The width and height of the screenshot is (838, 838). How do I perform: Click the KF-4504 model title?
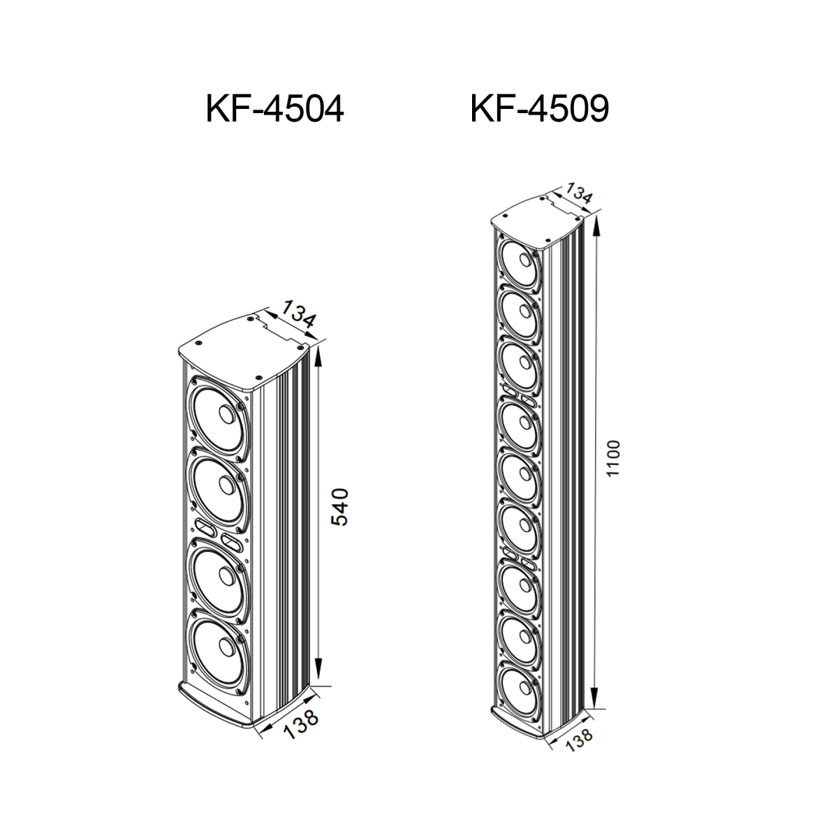point(274,109)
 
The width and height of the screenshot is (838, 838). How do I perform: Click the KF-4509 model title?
point(539,109)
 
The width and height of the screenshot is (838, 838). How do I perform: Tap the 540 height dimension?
point(339,507)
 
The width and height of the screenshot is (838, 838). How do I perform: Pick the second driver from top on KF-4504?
point(219,490)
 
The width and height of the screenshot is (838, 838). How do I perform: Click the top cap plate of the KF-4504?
point(244,352)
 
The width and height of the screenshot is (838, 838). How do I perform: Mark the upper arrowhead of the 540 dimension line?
point(318,358)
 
